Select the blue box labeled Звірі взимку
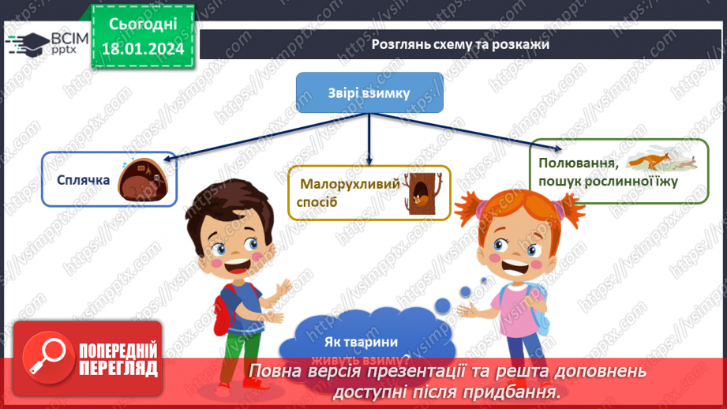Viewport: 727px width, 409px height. point(369,93)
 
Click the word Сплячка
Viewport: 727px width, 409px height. point(83,179)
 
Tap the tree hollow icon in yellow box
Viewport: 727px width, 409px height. point(419,192)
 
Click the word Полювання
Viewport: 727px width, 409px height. point(577,163)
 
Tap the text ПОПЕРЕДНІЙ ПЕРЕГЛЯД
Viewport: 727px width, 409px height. point(117,359)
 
